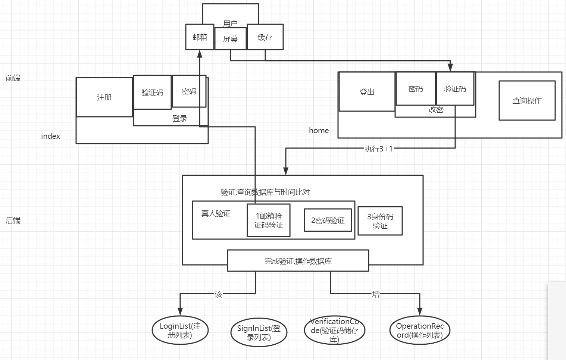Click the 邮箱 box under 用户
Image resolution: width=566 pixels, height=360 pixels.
pos(200,37)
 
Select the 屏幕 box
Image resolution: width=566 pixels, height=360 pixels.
pos(230,39)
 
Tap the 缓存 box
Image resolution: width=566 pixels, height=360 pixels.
pos(265,37)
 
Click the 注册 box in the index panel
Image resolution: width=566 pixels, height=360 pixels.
pos(104,97)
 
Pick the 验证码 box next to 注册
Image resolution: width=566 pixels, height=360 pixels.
pos(152,93)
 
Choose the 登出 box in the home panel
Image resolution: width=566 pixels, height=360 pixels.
pos(367,92)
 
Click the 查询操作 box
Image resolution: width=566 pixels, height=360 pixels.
pos(527,101)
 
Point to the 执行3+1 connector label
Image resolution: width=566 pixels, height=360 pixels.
pos(378,149)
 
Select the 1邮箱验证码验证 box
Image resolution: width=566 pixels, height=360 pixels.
pos(269,220)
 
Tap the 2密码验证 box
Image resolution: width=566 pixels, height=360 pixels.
pos(328,220)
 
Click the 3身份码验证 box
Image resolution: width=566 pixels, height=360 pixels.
pos(380,221)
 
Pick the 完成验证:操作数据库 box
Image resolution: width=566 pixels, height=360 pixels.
pos(298,261)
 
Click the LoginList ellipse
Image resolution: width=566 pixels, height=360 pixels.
pos(180,330)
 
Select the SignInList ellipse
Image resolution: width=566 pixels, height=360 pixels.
pos(259,332)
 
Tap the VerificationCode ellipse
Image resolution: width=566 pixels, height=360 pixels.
pos(334,330)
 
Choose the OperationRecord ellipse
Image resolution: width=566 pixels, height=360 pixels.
pos(420,330)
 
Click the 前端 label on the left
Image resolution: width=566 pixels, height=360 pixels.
pos(13,78)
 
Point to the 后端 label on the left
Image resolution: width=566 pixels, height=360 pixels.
pos(13,220)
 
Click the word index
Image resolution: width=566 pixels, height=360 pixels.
pos(50,136)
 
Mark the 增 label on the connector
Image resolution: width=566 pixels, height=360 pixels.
pos(376,294)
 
